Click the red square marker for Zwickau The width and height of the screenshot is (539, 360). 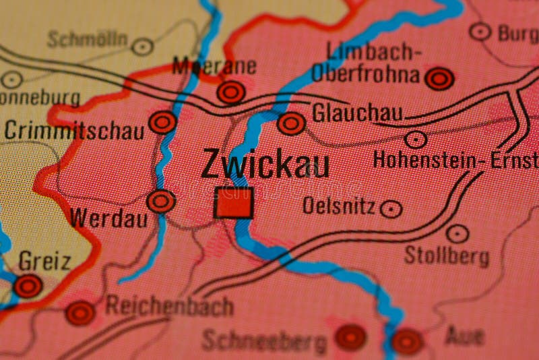click(x=233, y=203)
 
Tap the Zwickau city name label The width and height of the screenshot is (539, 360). click(x=265, y=164)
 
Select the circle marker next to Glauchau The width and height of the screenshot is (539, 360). click(x=291, y=123)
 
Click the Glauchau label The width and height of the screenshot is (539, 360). click(x=356, y=113)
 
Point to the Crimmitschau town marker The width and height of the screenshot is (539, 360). click(x=162, y=122)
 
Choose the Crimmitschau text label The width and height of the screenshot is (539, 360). click(x=74, y=130)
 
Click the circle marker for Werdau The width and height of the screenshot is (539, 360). click(x=161, y=201)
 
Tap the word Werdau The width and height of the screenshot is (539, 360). click(x=108, y=218)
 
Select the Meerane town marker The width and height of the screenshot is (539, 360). click(x=231, y=92)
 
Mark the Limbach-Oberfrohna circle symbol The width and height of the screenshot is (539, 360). click(x=439, y=79)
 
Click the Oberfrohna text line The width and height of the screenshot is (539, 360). click(x=366, y=74)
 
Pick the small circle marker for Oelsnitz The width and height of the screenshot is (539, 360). click(x=391, y=209)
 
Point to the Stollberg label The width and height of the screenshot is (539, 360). click(x=446, y=256)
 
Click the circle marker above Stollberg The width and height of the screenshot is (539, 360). click(x=457, y=234)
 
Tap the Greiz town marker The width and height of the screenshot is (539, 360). click(x=28, y=286)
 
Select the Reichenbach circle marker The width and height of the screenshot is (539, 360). click(x=80, y=313)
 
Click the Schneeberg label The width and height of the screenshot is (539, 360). click(x=264, y=341)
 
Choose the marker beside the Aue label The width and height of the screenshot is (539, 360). click(x=408, y=341)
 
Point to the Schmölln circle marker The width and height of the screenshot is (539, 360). click(x=142, y=47)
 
